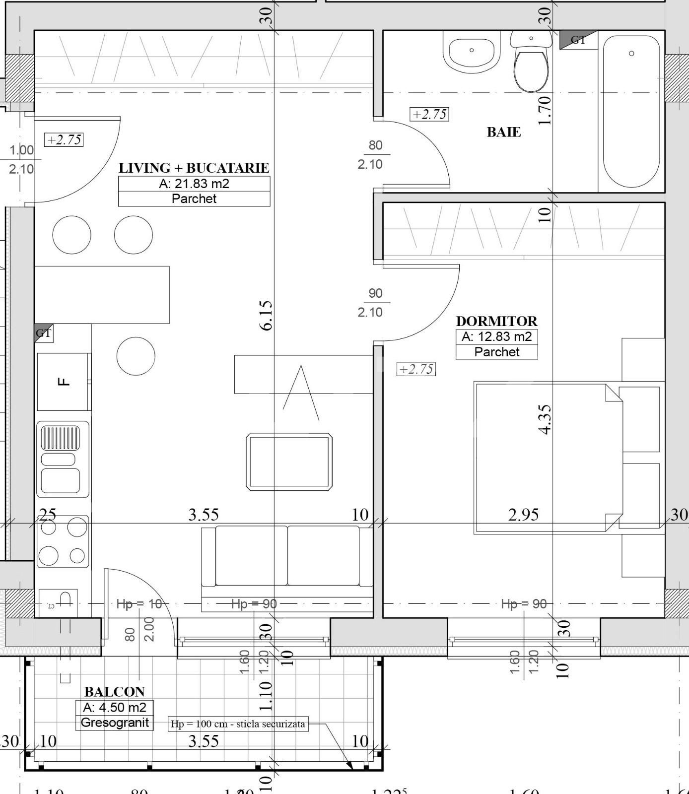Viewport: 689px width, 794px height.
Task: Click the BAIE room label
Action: [503, 132]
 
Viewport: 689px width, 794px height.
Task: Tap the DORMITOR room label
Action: [496, 321]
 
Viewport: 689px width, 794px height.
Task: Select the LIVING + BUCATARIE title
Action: [194, 168]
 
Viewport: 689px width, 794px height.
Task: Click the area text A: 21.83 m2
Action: [194, 184]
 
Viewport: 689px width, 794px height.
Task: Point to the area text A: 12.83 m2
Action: [496, 336]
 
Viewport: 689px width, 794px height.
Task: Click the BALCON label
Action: [115, 692]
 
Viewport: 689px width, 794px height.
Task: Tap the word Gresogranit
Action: [115, 723]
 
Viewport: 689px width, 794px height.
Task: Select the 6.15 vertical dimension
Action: [267, 315]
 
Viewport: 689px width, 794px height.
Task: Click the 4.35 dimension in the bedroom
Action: [545, 419]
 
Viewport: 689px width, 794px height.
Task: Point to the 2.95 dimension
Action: [523, 515]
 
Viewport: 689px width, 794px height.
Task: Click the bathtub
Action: [631, 112]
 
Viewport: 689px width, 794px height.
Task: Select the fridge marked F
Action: [64, 382]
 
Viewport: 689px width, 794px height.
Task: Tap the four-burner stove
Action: [63, 541]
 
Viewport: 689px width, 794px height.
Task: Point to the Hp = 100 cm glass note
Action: [238, 724]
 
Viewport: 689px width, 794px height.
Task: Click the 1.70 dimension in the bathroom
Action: [545, 110]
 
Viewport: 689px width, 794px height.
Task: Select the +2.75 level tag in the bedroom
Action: [416, 369]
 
